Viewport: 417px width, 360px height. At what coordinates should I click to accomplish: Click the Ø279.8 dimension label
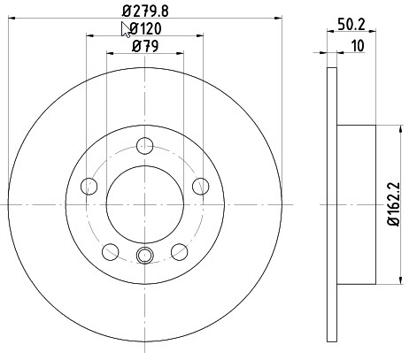tap(145, 11)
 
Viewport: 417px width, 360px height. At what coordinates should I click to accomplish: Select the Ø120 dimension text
tap(145, 29)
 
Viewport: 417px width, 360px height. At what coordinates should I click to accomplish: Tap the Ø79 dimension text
tap(145, 46)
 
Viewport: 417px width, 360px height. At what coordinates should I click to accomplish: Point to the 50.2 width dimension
tap(351, 25)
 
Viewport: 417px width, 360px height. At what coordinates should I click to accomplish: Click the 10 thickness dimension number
tap(358, 46)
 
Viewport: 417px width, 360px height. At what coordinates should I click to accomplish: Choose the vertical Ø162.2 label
tap(393, 204)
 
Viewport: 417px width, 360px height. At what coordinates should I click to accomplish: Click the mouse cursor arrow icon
tap(126, 30)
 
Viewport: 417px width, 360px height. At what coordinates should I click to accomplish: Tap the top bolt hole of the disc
tap(145, 146)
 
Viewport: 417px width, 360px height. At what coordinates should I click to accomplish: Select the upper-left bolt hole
tap(89, 187)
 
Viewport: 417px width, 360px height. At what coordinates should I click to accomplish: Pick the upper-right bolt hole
tap(201, 187)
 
